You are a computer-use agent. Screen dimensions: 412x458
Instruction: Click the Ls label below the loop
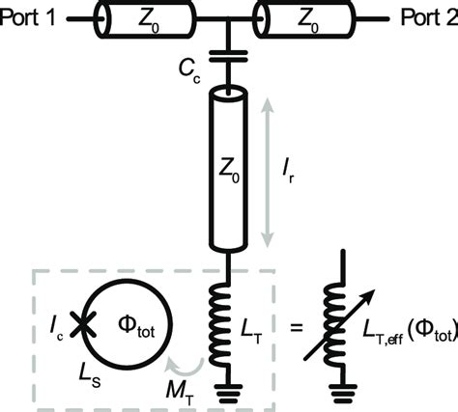(77, 368)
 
